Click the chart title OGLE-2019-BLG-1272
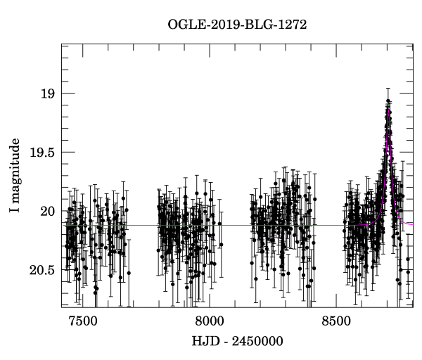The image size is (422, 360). [236, 24]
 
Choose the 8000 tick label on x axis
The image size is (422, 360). [209, 322]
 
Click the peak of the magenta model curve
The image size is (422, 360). [388, 108]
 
